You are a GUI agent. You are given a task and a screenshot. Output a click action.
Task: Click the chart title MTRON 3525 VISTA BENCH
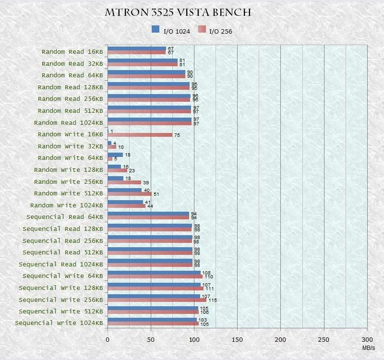[178, 12]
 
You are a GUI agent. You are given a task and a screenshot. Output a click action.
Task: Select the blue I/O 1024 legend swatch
[155, 29]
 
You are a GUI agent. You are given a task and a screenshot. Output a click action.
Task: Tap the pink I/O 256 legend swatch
[202, 30]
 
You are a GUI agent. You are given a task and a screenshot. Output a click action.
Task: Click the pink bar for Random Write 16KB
[140, 135]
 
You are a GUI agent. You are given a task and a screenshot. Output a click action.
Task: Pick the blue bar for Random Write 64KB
[115, 155]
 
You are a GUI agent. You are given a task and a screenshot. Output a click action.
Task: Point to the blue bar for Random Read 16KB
[137, 48]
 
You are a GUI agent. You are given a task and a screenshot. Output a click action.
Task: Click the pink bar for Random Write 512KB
[130, 194]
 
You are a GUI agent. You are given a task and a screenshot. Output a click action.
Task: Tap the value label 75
[177, 135]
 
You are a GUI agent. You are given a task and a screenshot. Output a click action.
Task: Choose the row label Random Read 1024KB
[69, 122]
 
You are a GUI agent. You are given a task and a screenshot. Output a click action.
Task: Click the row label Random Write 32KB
[70, 146]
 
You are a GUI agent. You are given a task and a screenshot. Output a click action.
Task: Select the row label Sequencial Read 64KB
[65, 217]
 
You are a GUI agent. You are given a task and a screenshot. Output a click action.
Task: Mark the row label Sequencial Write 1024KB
[59, 323]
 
